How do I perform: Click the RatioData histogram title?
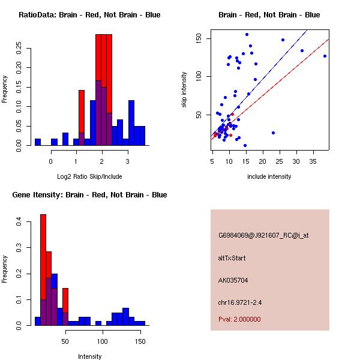pyautogui.click(x=89, y=15)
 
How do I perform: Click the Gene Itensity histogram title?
pyautogui.click(x=89, y=195)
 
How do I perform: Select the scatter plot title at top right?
pyautogui.click(x=269, y=15)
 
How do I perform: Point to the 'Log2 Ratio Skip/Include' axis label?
pyautogui.click(x=90, y=176)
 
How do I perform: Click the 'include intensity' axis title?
pyautogui.click(x=270, y=176)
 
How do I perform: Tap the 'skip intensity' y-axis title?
pyautogui.click(x=185, y=90)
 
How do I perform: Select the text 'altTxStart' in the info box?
pyautogui.click(x=232, y=259)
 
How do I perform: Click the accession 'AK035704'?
pyautogui.click(x=233, y=280)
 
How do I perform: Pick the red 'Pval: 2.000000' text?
pyautogui.click(x=239, y=319)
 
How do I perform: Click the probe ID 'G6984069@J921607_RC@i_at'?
pyautogui.click(x=263, y=236)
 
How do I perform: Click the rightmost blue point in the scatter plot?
pyautogui.click(x=325, y=56)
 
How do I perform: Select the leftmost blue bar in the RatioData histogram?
pyautogui.click(x=38, y=142)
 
